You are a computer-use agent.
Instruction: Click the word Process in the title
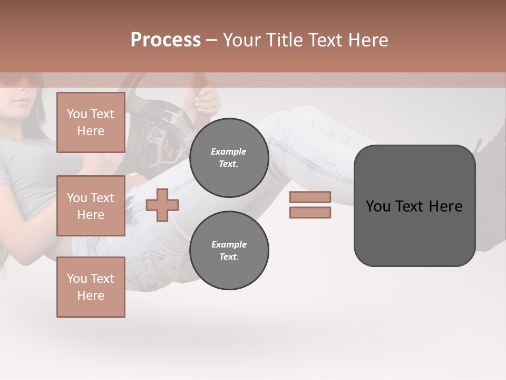click(x=166, y=40)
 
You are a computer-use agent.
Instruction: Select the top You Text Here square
click(x=91, y=122)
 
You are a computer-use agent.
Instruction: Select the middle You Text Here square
click(x=91, y=206)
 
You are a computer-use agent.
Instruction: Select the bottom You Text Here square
click(x=91, y=287)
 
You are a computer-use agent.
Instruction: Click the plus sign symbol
click(x=162, y=205)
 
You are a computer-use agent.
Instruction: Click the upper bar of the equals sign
click(x=310, y=197)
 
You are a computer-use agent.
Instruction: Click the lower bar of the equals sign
click(x=310, y=213)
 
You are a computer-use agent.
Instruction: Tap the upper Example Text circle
click(x=229, y=158)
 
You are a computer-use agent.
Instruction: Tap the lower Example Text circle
click(x=229, y=251)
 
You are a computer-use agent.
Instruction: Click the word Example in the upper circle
click(x=229, y=151)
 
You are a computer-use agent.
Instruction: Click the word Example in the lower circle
click(x=229, y=244)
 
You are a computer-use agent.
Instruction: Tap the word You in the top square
click(x=77, y=114)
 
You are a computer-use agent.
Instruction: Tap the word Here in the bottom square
click(x=91, y=296)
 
